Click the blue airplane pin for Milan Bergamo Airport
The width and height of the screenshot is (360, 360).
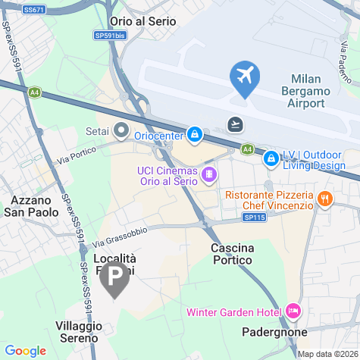pos(245,77)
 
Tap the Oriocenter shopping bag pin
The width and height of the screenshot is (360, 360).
pos(195,135)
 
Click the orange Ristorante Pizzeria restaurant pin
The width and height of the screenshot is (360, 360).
pos(324,199)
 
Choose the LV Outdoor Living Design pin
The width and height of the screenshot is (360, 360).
pos(270,158)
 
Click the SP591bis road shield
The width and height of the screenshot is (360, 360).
pos(111,35)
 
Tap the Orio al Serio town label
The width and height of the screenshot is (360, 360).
pos(143,21)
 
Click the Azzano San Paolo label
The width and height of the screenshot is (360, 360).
pos(34,206)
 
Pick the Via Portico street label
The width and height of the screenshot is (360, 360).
pos(78,157)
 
